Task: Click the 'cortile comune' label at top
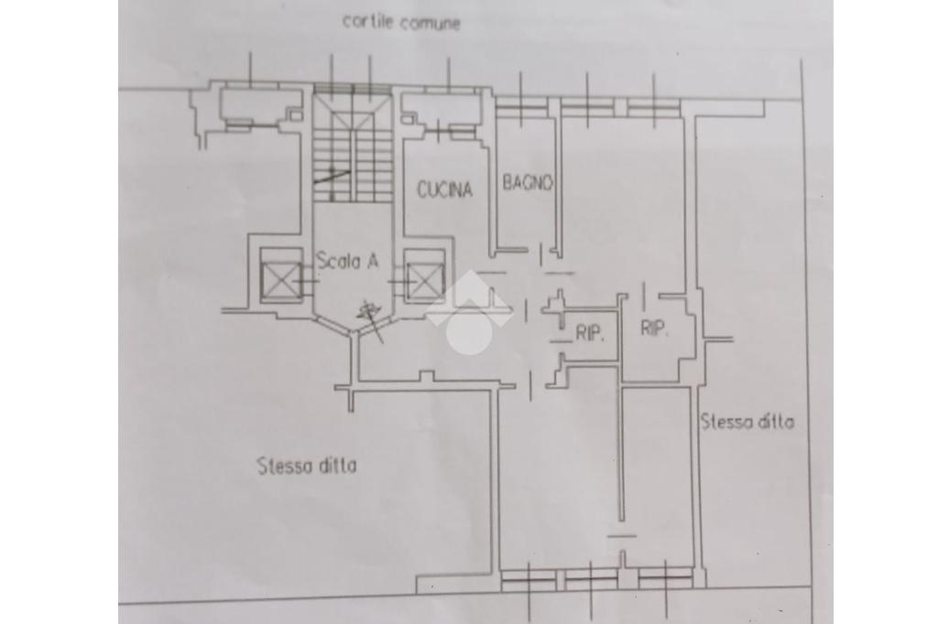(x=400, y=22)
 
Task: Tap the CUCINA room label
(x=444, y=189)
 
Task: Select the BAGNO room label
(x=528, y=183)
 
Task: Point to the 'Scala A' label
(x=347, y=261)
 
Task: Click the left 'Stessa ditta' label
(x=307, y=466)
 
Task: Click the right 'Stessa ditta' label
(x=747, y=422)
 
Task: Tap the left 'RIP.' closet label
(x=591, y=334)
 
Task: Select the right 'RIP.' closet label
(x=654, y=328)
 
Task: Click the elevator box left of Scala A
(x=280, y=274)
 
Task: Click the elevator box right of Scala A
(x=424, y=274)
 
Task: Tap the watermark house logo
(x=468, y=312)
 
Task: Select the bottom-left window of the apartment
(x=530, y=576)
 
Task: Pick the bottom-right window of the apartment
(x=666, y=576)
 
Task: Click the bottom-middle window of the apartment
(x=591, y=576)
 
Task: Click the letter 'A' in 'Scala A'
(x=373, y=261)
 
